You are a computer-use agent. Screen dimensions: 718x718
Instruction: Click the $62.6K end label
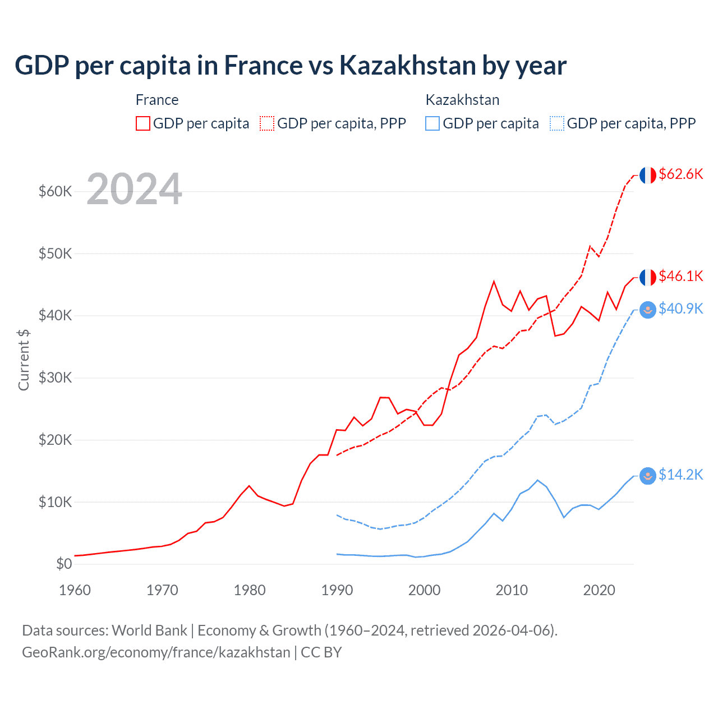coord(680,174)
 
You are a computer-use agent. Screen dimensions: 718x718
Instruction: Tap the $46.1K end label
coord(680,276)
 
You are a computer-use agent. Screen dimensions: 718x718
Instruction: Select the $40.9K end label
coord(680,309)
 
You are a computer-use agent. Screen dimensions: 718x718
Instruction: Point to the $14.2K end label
coord(680,475)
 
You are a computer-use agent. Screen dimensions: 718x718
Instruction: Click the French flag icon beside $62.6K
coord(648,175)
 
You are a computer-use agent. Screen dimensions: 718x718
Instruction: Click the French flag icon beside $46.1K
coord(648,277)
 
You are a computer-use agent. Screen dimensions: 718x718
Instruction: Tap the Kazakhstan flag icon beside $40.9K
coord(648,310)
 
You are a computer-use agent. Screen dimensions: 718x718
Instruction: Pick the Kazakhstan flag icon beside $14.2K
coord(648,476)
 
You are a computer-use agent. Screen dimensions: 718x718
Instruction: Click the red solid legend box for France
coord(143,123)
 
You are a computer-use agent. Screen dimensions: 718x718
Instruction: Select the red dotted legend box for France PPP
coord(267,123)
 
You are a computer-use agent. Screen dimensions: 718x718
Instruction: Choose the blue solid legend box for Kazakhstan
coord(432,123)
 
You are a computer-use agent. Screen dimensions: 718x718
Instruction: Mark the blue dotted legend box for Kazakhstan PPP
coord(557,123)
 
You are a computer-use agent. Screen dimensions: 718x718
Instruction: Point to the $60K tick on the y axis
coord(56,191)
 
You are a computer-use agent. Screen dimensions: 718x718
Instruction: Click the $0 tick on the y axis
coord(64,564)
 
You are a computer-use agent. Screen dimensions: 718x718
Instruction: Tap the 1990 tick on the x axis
coord(337,590)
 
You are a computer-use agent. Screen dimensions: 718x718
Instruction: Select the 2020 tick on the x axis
coord(599,590)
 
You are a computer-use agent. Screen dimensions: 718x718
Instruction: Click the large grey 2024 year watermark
coord(134,189)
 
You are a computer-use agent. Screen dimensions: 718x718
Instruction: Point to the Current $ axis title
coord(24,360)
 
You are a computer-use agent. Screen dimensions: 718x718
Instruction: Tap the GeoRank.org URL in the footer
coord(156,652)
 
